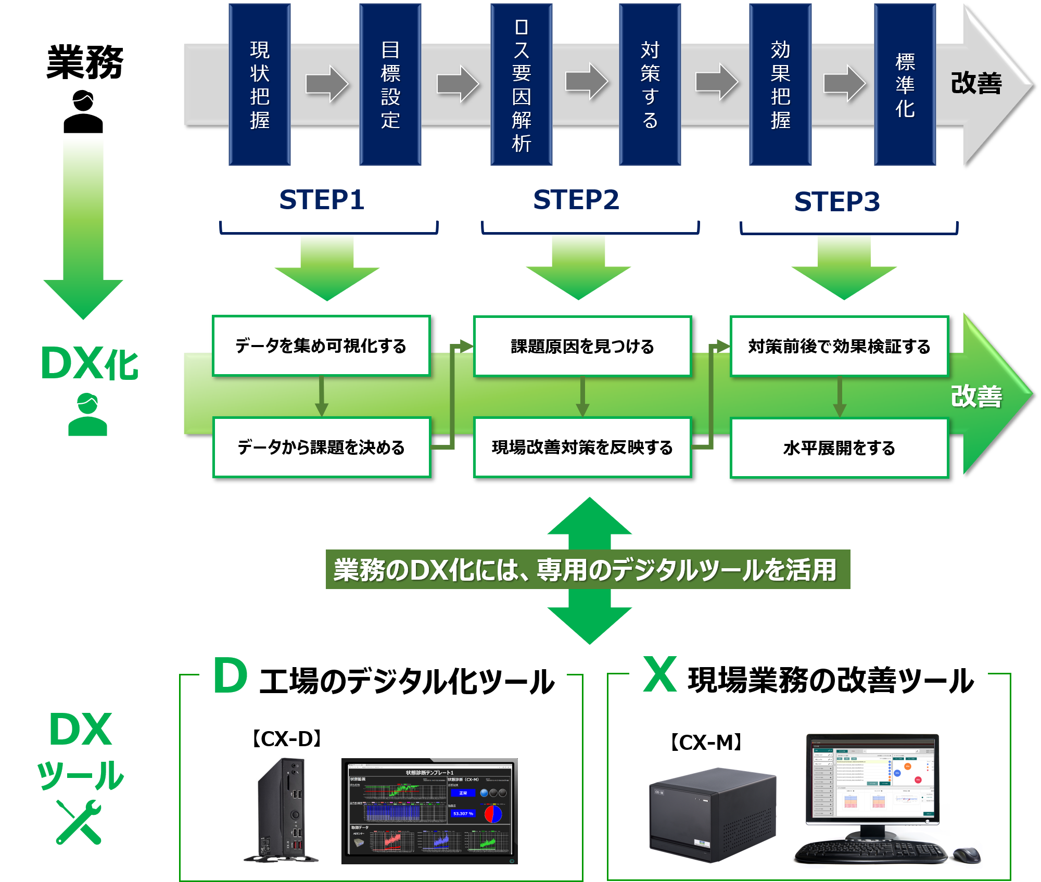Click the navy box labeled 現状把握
(260, 85)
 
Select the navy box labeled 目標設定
(390, 85)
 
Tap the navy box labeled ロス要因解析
(521, 85)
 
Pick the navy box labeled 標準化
(905, 85)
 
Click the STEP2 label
(576, 200)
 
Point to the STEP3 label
(837, 201)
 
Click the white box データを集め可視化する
(321, 346)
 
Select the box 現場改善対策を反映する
(582, 448)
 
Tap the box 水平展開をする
(839, 448)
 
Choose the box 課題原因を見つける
(582, 346)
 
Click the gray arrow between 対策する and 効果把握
(716, 82)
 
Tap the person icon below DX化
(87, 415)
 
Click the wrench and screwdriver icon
(79, 822)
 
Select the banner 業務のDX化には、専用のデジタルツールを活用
(588, 570)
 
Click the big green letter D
(230, 675)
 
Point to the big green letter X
(659, 674)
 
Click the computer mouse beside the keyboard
(967, 854)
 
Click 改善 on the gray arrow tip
(976, 83)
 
